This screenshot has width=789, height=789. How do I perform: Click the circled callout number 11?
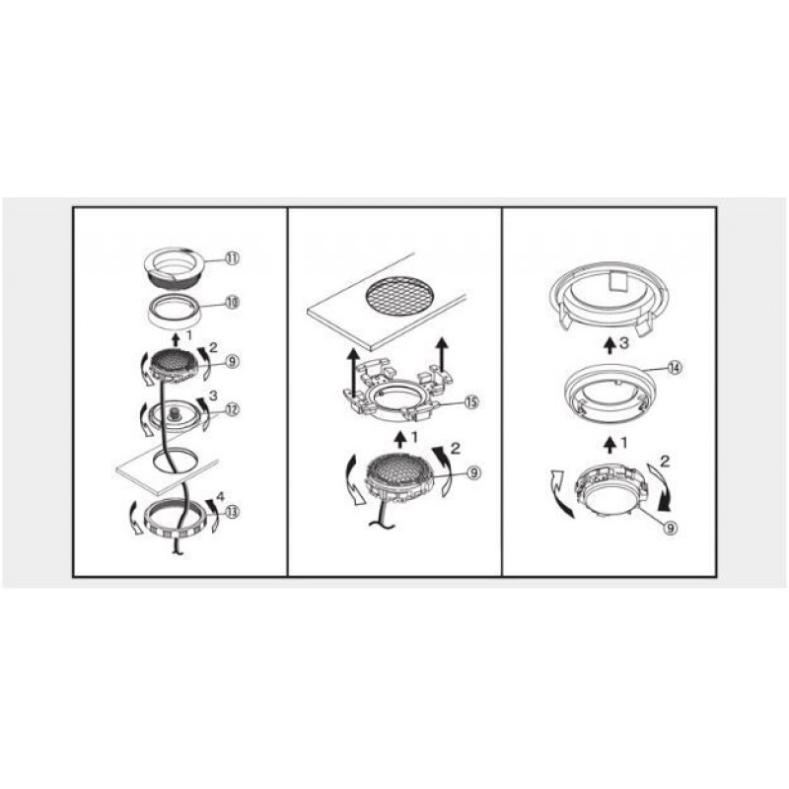[232, 258]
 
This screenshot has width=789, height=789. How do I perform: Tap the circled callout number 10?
[232, 303]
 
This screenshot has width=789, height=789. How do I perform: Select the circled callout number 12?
[232, 409]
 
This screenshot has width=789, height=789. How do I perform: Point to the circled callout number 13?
[232, 512]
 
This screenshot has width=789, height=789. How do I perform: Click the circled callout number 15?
[471, 402]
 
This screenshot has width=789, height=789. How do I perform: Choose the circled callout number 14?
[675, 368]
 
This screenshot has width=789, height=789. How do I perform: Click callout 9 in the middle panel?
[474, 473]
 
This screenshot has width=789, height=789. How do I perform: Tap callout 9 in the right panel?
[671, 528]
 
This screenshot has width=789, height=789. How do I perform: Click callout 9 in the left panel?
[232, 361]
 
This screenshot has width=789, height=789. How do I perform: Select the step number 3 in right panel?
[624, 343]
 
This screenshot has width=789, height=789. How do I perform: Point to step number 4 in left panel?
[220, 497]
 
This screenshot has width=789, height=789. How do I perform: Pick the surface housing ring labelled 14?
[570, 392]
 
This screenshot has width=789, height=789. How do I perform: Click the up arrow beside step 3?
[610, 346]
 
